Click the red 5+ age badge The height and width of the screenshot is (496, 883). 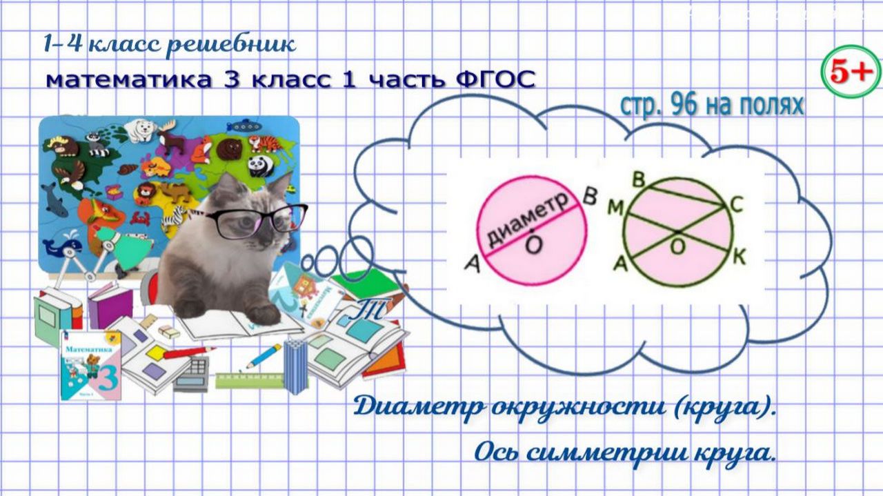click(851, 72)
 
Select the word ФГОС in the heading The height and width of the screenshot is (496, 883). click(496, 79)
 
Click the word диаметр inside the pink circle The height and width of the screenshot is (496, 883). click(528, 217)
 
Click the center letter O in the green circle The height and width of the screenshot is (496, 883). click(679, 246)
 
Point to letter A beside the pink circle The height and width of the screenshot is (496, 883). click(472, 261)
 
